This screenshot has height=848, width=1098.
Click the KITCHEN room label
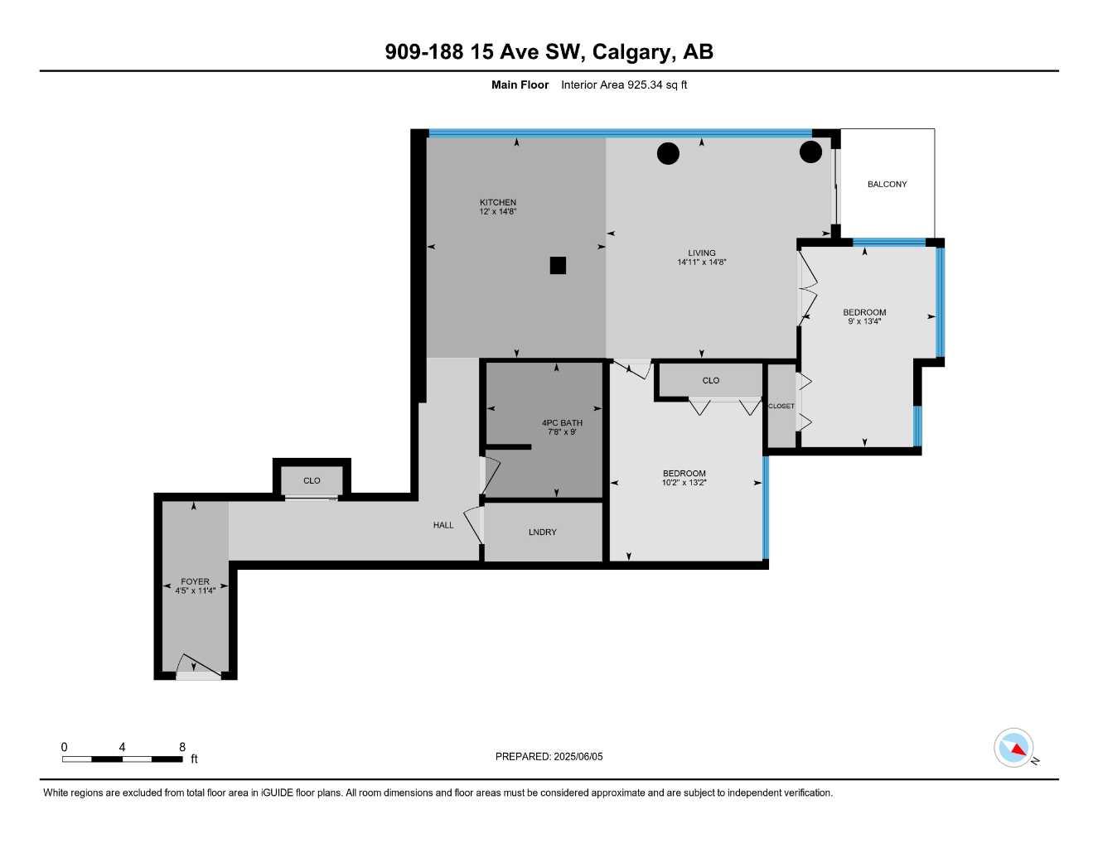pyautogui.click(x=497, y=202)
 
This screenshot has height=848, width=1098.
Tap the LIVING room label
pyautogui.click(x=701, y=253)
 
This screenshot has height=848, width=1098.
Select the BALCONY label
pyautogui.click(x=887, y=184)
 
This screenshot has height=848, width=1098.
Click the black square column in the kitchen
pyautogui.click(x=558, y=265)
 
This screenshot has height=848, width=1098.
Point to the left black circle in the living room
pyautogui.click(x=668, y=153)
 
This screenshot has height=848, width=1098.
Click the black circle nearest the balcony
pyautogui.click(x=810, y=152)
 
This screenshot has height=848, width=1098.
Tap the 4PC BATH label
pyautogui.click(x=562, y=422)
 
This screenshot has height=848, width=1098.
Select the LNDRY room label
pyautogui.click(x=542, y=532)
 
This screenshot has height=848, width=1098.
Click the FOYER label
pyautogui.click(x=195, y=581)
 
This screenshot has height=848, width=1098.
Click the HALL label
pyautogui.click(x=443, y=525)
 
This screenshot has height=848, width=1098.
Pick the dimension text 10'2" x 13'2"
pyautogui.click(x=684, y=483)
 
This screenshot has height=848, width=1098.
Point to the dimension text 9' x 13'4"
pyautogui.click(x=864, y=321)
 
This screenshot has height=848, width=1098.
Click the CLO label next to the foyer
pyautogui.click(x=312, y=480)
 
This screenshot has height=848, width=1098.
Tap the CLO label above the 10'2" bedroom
pyautogui.click(x=710, y=380)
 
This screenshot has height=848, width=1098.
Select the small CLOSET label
pyautogui.click(x=781, y=406)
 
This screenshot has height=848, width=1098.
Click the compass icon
pyautogui.click(x=1014, y=748)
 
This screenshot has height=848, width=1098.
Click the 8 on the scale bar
pyautogui.click(x=182, y=747)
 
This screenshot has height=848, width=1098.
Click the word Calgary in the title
pyautogui.click(x=634, y=51)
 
